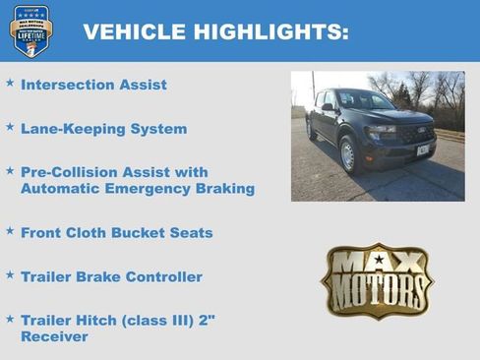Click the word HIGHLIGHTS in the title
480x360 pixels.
[264, 31]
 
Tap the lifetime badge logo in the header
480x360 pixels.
[30, 30]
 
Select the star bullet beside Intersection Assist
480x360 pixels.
[10, 83]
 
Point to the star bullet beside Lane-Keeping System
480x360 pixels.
[10, 127]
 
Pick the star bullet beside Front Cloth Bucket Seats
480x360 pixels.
[10, 230]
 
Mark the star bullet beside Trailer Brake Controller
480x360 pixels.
[10, 274]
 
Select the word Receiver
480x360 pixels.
[54, 336]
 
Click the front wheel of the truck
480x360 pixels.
[347, 154]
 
